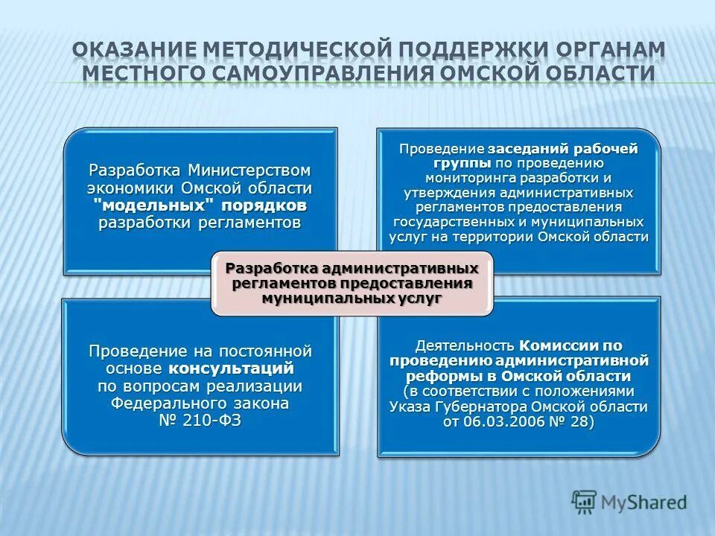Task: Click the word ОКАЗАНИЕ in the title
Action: point(131,49)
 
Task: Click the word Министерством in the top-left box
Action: point(249,170)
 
